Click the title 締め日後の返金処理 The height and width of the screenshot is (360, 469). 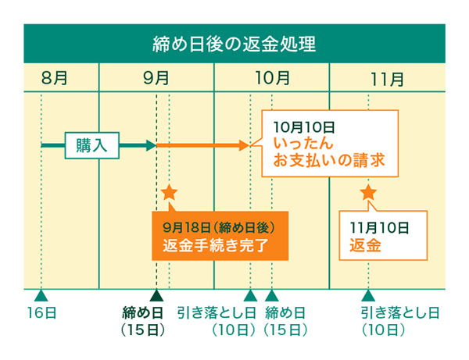[234, 43]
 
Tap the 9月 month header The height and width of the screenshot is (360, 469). [156, 78]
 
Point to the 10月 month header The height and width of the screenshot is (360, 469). [272, 78]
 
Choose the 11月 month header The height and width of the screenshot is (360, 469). [387, 78]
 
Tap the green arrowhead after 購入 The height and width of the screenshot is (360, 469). [151, 145]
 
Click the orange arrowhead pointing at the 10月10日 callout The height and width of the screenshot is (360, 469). [244, 145]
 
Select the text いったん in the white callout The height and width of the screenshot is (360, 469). [304, 144]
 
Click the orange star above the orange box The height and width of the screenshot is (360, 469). [169, 192]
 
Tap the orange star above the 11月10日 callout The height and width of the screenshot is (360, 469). [368, 192]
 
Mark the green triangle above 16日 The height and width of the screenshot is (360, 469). [41, 295]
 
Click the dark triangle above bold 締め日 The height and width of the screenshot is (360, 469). [156, 295]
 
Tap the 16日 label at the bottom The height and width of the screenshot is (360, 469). [41, 313]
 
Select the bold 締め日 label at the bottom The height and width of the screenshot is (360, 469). [143, 313]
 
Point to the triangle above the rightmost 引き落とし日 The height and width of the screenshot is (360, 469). [367, 295]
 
